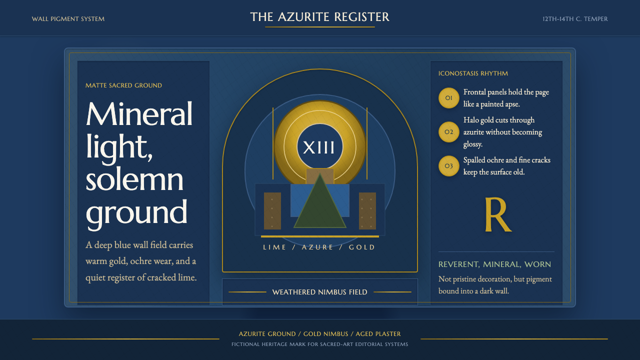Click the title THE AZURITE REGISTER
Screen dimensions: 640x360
(319, 17)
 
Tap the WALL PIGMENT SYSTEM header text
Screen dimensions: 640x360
(68, 19)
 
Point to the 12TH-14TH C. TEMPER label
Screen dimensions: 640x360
(575, 19)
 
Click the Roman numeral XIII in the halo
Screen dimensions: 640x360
(318, 147)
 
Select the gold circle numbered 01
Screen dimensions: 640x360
(449, 98)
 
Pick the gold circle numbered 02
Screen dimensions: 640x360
(449, 132)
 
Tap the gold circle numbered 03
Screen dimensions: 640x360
(449, 166)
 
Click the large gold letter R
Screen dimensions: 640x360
(498, 214)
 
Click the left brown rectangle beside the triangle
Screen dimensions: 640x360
(272, 211)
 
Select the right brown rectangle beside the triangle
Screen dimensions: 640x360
(367, 211)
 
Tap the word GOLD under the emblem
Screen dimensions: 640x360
(361, 247)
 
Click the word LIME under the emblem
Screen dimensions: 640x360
(274, 247)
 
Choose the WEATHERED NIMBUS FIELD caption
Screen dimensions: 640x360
(319, 292)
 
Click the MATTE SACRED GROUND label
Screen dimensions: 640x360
(123, 85)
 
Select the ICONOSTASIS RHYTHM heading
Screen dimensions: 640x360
(473, 73)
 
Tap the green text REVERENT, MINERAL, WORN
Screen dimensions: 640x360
(495, 264)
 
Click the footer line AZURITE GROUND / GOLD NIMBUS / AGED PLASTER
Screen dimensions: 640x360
(319, 333)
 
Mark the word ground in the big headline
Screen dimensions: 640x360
(136, 213)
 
